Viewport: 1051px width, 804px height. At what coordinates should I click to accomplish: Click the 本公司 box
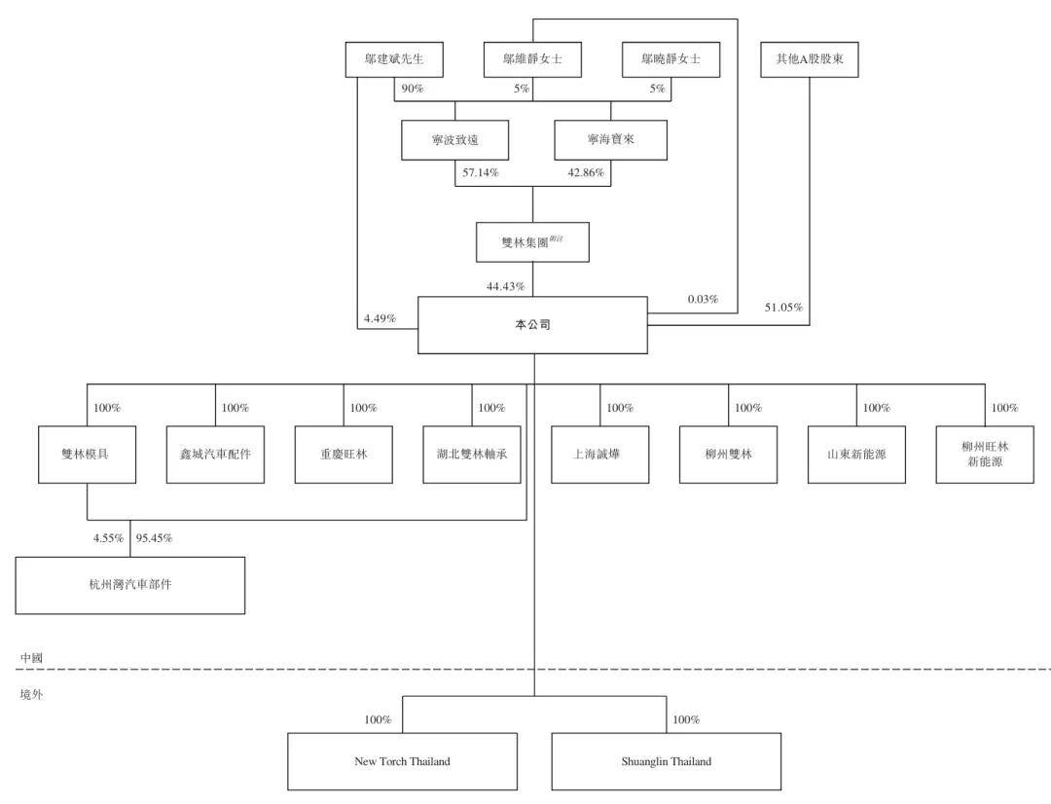tap(532, 325)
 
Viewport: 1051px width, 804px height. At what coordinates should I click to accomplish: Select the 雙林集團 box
tap(532, 242)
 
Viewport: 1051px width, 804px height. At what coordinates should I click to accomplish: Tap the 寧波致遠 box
tap(455, 140)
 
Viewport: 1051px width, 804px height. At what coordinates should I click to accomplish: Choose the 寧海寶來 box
tap(610, 140)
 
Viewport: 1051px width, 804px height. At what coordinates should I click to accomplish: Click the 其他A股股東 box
tap(810, 60)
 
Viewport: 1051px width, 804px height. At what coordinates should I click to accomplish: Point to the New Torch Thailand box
tap(402, 761)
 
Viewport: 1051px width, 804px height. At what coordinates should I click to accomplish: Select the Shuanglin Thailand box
tap(666, 761)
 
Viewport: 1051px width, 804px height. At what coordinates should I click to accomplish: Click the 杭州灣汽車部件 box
tap(129, 585)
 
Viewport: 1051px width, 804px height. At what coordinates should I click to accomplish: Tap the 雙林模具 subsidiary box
tap(87, 454)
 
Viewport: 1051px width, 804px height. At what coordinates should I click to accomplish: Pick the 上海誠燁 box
tap(599, 454)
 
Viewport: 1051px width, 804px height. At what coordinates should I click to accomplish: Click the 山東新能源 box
tap(856, 454)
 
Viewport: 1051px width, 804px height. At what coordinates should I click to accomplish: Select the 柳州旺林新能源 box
tap(985, 454)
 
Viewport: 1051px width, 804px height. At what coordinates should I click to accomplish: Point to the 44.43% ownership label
tap(505, 286)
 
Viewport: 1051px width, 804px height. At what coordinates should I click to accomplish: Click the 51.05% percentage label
tap(783, 308)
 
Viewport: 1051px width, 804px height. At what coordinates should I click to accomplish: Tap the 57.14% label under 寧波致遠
tap(479, 173)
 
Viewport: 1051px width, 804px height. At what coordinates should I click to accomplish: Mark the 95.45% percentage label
tap(154, 537)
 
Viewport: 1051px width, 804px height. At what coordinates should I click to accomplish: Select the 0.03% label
tap(703, 300)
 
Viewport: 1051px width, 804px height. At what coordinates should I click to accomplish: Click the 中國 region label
tap(32, 658)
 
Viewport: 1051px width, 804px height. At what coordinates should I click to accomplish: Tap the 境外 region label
tap(32, 695)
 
